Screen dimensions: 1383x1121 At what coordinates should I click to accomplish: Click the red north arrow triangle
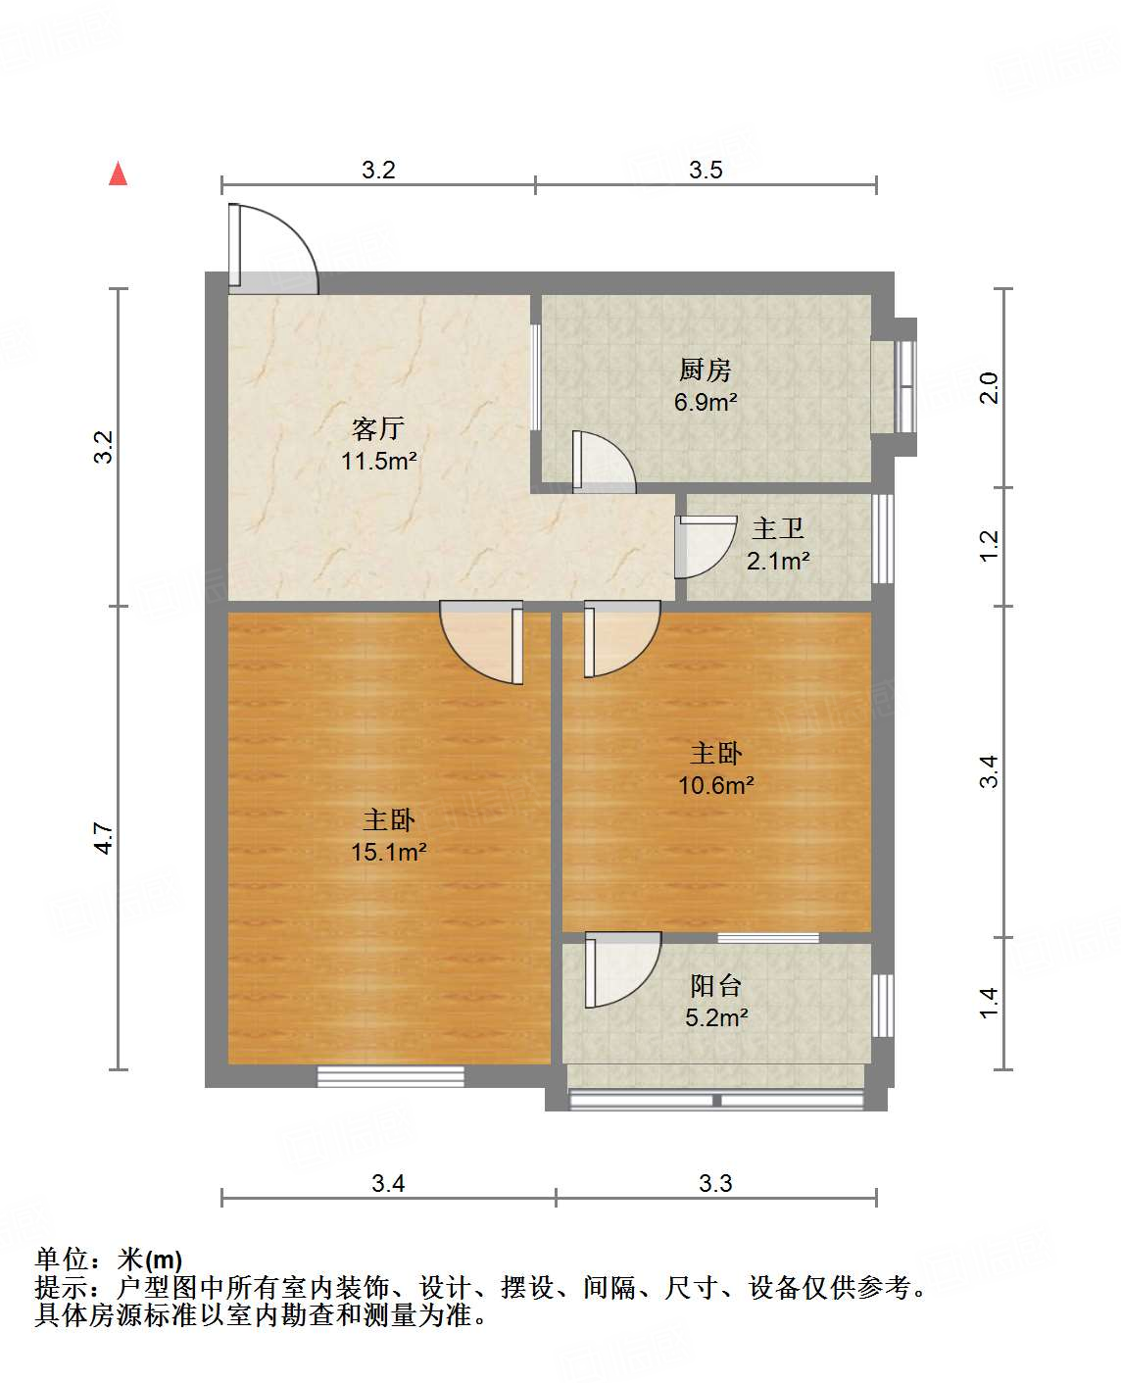pos(119,173)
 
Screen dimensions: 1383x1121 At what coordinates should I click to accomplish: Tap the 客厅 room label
pos(378,428)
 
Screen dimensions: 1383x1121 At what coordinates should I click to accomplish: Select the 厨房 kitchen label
pos(706,370)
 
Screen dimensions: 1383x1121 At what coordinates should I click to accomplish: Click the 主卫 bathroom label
pos(778,529)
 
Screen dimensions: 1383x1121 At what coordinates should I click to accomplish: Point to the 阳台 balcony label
pos(716,985)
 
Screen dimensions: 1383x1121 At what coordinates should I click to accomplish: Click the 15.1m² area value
pos(388,852)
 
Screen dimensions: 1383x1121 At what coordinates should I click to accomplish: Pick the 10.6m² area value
pos(716,785)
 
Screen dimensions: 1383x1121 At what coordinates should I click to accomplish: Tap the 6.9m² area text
pos(706,402)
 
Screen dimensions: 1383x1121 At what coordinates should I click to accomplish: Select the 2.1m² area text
pos(778,561)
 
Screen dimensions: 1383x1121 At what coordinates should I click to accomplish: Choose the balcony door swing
pos(621,970)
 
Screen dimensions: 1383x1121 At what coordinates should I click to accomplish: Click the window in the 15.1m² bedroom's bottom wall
pos(390,1076)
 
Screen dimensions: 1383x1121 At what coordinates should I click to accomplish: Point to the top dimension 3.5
pos(706,170)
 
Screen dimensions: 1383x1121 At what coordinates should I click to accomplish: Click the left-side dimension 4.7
pos(105,838)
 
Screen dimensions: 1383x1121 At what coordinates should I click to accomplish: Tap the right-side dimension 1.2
pos(989,545)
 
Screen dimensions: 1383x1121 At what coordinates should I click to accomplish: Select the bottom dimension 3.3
pos(715,1183)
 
